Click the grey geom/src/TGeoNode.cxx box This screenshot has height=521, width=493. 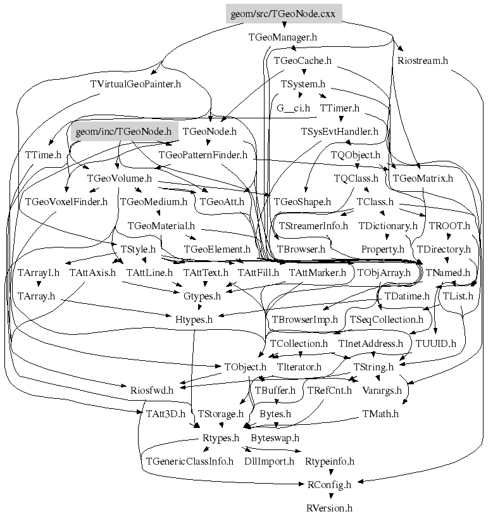284,14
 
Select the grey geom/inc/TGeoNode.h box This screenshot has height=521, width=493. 123,132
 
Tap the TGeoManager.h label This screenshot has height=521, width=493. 283,37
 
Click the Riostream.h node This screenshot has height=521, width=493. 423,61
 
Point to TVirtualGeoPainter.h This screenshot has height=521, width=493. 135,84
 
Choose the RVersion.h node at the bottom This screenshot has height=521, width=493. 329,508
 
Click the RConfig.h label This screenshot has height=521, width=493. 329,485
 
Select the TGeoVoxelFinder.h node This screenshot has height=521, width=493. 66,202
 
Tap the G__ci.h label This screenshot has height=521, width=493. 293,108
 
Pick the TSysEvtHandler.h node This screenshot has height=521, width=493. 339,132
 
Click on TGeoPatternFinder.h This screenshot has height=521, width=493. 203,154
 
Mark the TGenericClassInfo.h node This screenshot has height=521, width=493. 190,461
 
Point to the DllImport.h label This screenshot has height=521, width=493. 269,461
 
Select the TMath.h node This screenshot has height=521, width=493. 380,414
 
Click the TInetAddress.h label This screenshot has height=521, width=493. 371,343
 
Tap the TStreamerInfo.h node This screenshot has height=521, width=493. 313,225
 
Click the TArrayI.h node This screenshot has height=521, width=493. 39,273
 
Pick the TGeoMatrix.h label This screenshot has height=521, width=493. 423,179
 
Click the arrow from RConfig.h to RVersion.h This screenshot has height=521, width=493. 329,496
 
